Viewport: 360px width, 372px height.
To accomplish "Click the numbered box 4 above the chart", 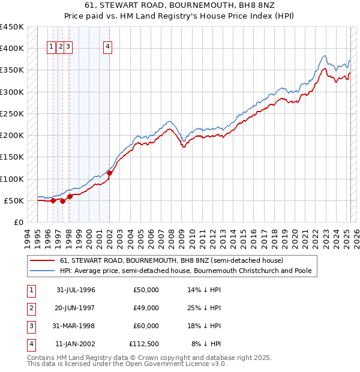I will [107, 48].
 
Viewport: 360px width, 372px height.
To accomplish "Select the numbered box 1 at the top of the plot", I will [52, 48].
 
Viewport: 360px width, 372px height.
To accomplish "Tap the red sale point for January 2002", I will [110, 173].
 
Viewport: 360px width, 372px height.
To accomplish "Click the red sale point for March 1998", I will [70, 196].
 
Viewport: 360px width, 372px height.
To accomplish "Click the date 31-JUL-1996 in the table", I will [76, 290].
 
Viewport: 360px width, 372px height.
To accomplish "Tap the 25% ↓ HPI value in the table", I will [205, 308].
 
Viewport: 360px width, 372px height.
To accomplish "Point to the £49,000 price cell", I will [146, 308].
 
